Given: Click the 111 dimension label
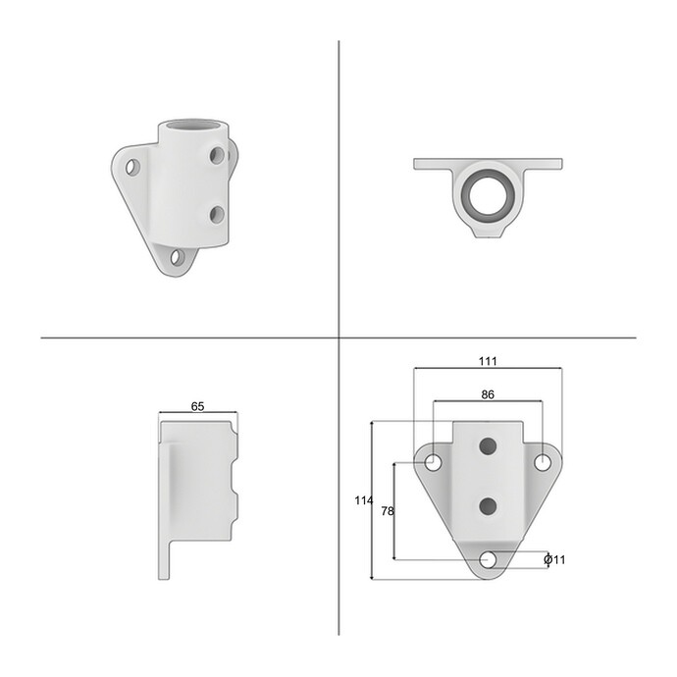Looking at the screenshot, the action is pyautogui.click(x=488, y=361).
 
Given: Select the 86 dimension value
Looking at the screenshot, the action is pyautogui.click(x=488, y=394).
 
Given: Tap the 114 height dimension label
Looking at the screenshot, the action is pyautogui.click(x=364, y=500).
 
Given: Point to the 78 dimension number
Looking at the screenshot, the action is pyautogui.click(x=388, y=511).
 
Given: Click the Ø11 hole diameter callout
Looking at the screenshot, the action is pyautogui.click(x=554, y=560).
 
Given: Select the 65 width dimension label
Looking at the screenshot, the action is pyautogui.click(x=197, y=406).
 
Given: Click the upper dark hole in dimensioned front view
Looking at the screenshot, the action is pyautogui.click(x=488, y=446).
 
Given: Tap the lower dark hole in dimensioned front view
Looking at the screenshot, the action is pyautogui.click(x=488, y=505).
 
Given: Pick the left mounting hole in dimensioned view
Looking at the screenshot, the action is pyautogui.click(x=434, y=463).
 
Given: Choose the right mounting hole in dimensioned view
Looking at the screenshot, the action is pyautogui.click(x=543, y=463).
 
